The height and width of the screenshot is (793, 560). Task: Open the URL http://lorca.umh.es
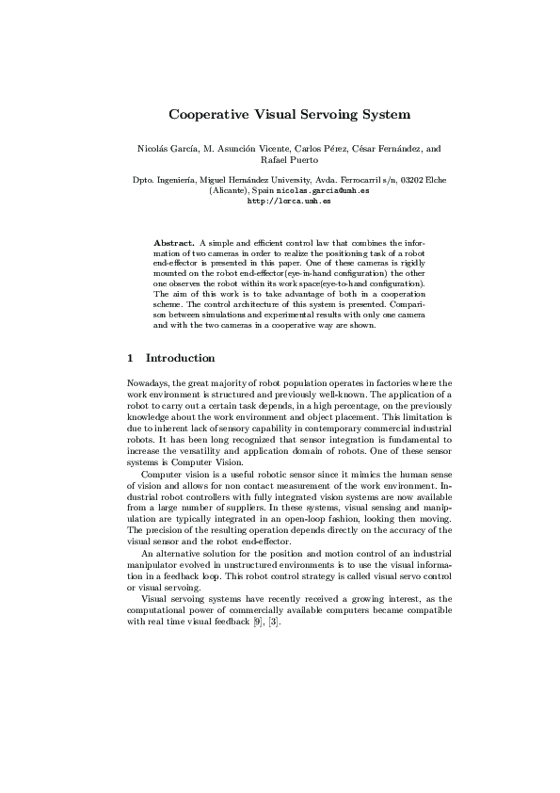point(289,200)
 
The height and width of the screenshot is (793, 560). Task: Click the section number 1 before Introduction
point(130,358)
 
